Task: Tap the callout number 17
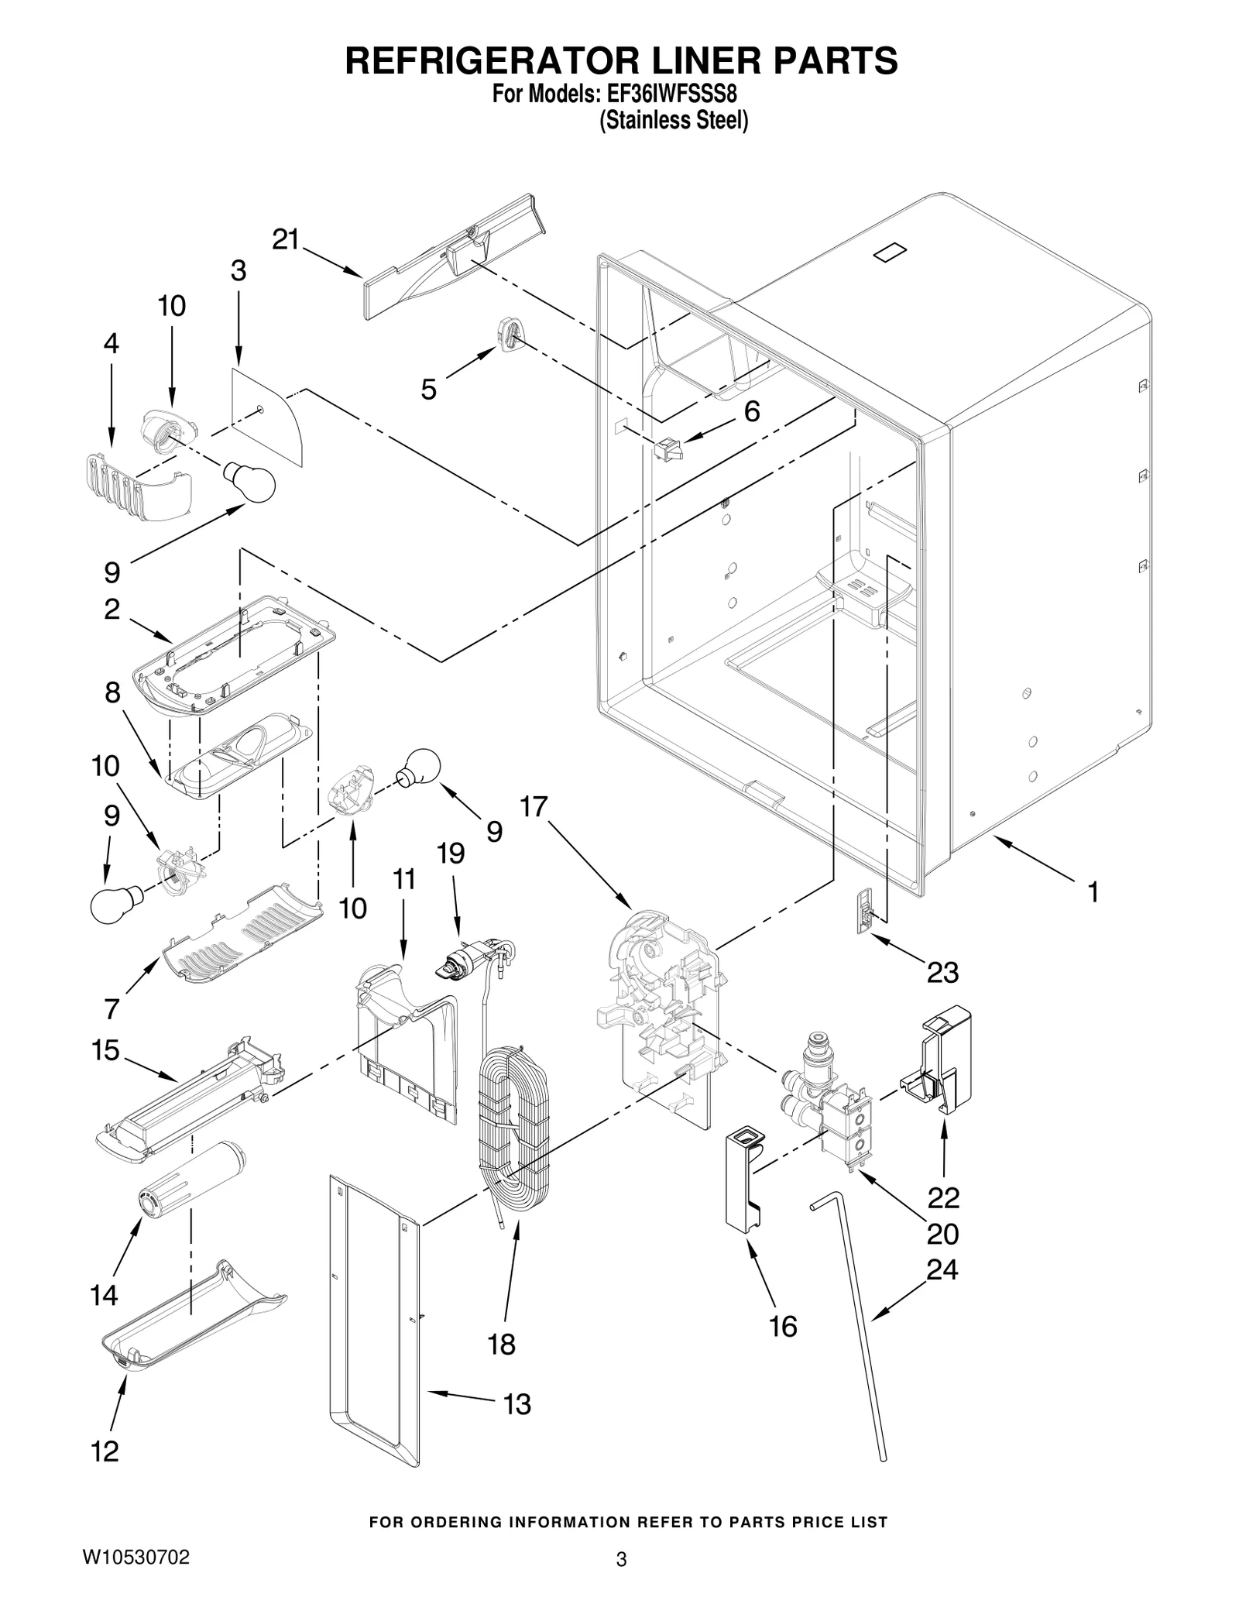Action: [534, 807]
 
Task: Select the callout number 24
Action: [942, 1269]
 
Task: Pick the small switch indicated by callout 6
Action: [668, 449]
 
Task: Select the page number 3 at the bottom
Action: [620, 1560]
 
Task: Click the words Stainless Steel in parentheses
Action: [674, 121]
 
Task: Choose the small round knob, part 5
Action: [508, 335]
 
